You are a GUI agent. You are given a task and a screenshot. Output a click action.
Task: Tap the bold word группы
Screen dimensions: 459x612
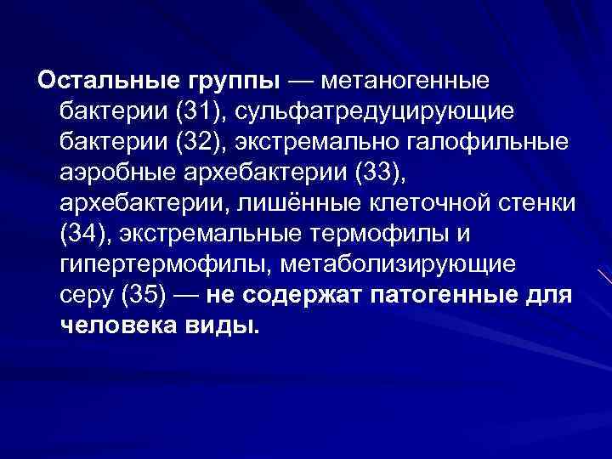click(x=231, y=82)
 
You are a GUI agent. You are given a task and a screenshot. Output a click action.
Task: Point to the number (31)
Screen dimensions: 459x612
click(x=195, y=111)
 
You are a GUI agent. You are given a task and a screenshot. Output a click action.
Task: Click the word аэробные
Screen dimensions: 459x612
click(x=116, y=173)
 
